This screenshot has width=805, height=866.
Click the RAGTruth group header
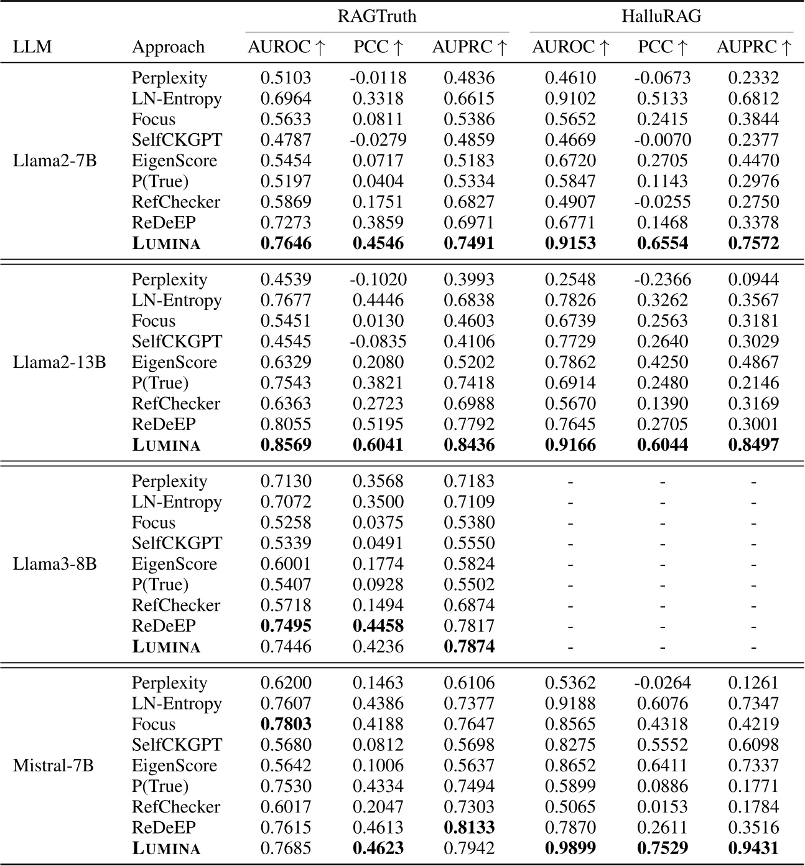pyautogui.click(x=377, y=16)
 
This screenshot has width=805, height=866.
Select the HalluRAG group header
pyautogui.click(x=661, y=16)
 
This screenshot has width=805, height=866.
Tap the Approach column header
pyautogui.click(x=168, y=47)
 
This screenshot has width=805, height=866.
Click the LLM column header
pyautogui.click(x=32, y=47)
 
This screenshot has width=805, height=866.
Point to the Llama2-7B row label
pyautogui.click(x=55, y=161)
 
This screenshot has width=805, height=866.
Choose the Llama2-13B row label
pyautogui.click(x=59, y=362)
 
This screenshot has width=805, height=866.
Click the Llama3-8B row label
pyautogui.click(x=55, y=564)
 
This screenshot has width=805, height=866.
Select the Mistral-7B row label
pyautogui.click(x=54, y=765)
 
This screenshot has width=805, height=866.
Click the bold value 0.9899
pyautogui.click(x=570, y=848)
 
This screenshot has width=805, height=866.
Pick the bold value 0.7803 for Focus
pyautogui.click(x=286, y=724)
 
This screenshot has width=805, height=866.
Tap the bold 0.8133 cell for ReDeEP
pyautogui.click(x=469, y=827)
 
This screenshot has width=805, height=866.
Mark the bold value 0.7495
pyautogui.click(x=286, y=626)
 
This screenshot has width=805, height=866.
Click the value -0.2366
pyautogui.click(x=663, y=280)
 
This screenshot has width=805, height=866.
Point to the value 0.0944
pyautogui.click(x=753, y=280)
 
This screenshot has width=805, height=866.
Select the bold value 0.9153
pyautogui.click(x=570, y=243)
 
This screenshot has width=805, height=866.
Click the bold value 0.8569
pyautogui.click(x=286, y=445)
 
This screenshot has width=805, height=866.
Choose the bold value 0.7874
pyautogui.click(x=469, y=646)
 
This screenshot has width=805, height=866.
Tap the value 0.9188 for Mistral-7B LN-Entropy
pyautogui.click(x=570, y=704)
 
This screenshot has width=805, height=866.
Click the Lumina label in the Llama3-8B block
pyautogui.click(x=166, y=646)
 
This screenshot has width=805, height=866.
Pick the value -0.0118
pyautogui.click(x=378, y=78)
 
